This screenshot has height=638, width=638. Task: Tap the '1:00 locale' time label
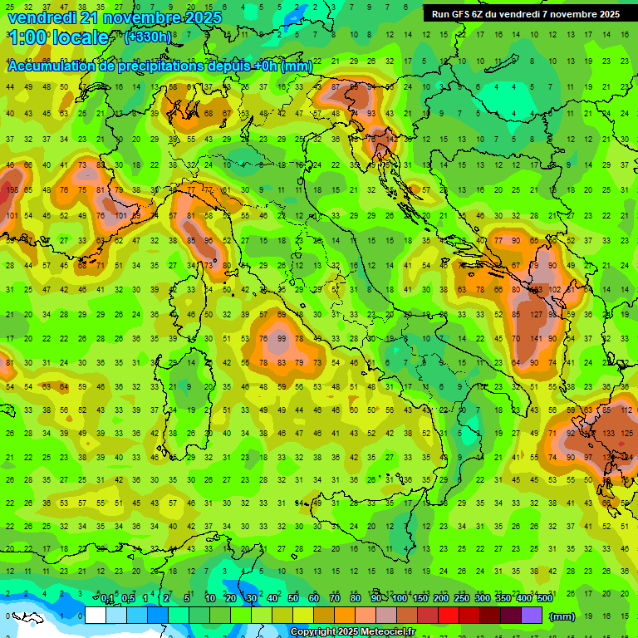tap(59, 37)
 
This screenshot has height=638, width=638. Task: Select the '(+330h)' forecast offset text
tap(148, 37)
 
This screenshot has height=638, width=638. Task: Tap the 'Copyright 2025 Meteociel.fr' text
tap(364, 632)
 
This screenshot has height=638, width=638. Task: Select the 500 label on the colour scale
tap(544, 599)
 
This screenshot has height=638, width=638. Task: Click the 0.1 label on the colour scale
tap(107, 599)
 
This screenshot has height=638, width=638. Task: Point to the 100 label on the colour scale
tap(400, 599)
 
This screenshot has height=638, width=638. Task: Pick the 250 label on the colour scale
tap(461, 599)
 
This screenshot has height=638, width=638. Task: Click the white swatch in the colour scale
tap(96, 616)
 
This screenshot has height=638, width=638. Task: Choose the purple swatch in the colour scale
tap(532, 616)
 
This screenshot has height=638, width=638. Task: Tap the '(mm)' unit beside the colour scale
tap(562, 616)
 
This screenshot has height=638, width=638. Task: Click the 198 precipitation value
tap(12, 189)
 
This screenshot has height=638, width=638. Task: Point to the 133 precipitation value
tap(609, 433)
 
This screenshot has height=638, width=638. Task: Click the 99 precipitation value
tap(282, 338)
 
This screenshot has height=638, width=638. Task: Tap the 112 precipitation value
tap(626, 410)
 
